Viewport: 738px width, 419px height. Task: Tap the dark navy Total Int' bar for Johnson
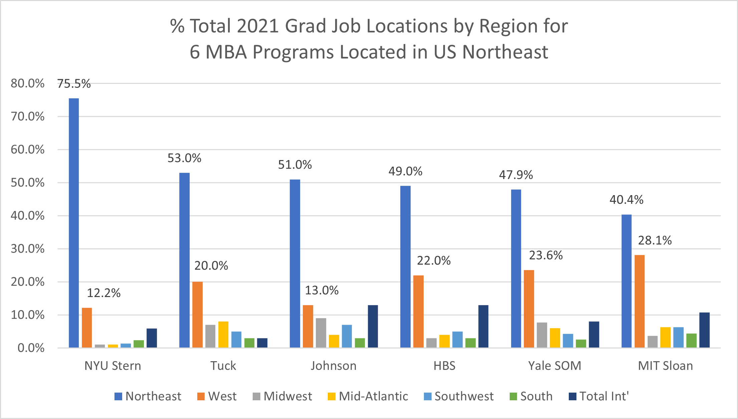pyautogui.click(x=373, y=326)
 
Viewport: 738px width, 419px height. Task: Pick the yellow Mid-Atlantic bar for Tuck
pyautogui.click(x=223, y=334)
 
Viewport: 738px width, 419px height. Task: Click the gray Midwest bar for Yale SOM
pyautogui.click(x=542, y=335)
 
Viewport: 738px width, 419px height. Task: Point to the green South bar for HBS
pyautogui.click(x=471, y=343)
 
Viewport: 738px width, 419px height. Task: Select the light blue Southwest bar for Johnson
pyautogui.click(x=347, y=336)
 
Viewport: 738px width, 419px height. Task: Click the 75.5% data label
pyautogui.click(x=74, y=84)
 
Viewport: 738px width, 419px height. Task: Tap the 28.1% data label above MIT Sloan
pyautogui.click(x=655, y=241)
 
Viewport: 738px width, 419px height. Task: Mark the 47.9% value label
pyautogui.click(x=516, y=175)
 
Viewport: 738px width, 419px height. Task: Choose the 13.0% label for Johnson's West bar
pyautogui.click(x=322, y=291)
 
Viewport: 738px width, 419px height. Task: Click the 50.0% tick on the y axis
pyautogui.click(x=27, y=183)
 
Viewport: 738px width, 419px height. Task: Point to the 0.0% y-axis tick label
pyautogui.click(x=31, y=348)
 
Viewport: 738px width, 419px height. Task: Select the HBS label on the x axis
pyautogui.click(x=444, y=366)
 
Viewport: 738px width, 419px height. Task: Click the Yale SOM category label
pyautogui.click(x=555, y=366)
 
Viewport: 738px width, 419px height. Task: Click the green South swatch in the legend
pyautogui.click(x=513, y=397)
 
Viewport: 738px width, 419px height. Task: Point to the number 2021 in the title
pyautogui.click(x=258, y=26)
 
